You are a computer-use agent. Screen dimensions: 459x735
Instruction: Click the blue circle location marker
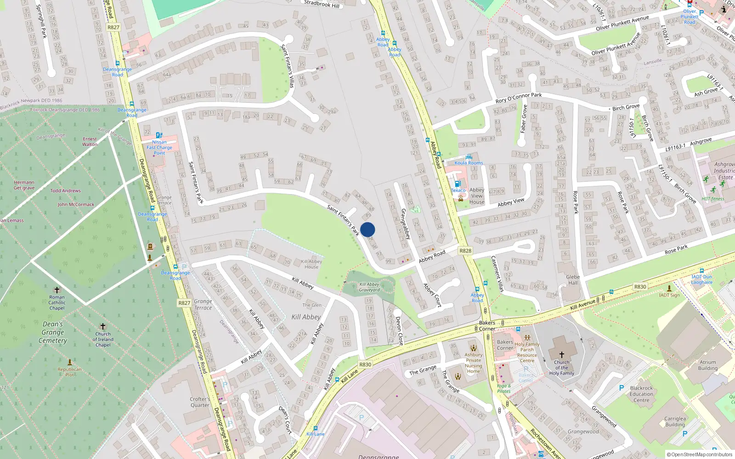(367, 229)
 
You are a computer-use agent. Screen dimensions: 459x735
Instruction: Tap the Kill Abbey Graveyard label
(369, 287)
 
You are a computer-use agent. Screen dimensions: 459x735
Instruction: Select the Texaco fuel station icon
(458, 184)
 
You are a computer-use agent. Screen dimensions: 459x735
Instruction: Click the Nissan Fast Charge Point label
(159, 147)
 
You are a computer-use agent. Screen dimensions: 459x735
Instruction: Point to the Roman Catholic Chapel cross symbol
(57, 290)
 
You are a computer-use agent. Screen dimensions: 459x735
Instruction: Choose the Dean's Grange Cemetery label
(53, 332)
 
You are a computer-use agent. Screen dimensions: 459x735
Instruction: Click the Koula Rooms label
(469, 163)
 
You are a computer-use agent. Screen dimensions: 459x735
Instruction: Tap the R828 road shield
(465, 251)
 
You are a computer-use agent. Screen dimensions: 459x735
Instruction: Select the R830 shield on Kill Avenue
(640, 287)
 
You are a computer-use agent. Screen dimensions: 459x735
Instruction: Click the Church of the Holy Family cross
(561, 355)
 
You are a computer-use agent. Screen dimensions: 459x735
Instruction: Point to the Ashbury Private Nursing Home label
(473, 363)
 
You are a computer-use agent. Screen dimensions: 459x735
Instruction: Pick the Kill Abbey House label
(311, 264)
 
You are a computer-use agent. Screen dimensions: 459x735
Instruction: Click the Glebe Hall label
(573, 280)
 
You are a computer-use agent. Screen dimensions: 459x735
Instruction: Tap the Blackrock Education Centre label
(641, 394)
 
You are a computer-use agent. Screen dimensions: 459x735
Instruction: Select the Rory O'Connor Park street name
(518, 98)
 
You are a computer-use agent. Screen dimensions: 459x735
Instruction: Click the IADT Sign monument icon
(669, 288)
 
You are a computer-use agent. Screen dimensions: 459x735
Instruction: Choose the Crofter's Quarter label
(200, 402)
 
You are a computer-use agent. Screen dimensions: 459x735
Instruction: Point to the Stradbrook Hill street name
(322, 4)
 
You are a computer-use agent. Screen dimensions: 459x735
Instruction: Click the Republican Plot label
(70, 372)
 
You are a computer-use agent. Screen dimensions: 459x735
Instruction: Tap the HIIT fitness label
(712, 199)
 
